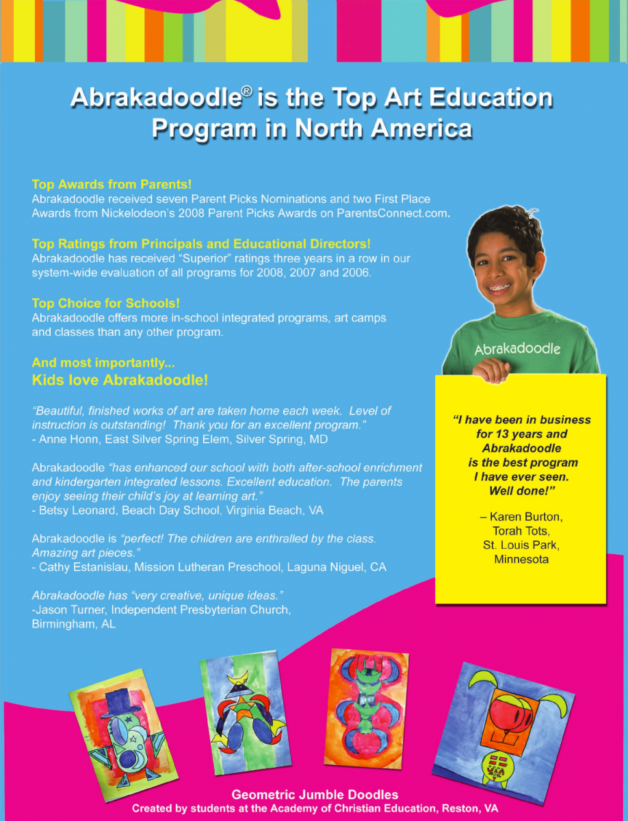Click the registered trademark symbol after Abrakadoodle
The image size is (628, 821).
(251, 92)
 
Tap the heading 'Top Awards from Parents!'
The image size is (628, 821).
(112, 184)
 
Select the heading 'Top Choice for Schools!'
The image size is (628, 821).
(106, 303)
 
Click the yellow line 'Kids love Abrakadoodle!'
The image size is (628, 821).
(120, 380)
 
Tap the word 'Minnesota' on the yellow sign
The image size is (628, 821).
(521, 560)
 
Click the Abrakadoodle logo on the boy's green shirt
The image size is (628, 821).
(518, 348)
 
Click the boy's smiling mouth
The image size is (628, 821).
(501, 285)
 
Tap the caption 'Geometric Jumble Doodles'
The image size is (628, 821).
(315, 794)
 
